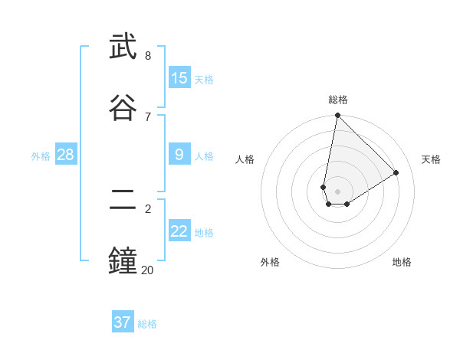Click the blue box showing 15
(x=179, y=78)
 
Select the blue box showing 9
(x=179, y=155)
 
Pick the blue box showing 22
(x=179, y=231)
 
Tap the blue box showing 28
(x=65, y=155)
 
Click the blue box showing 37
(x=123, y=322)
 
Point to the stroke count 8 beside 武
(x=148, y=56)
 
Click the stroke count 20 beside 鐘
(x=147, y=270)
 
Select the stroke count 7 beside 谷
(x=148, y=116)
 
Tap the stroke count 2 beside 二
(x=148, y=208)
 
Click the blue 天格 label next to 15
(x=204, y=80)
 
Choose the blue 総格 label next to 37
(x=147, y=324)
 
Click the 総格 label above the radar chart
(x=337, y=100)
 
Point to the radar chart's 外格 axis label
(x=270, y=262)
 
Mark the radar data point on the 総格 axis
(x=337, y=116)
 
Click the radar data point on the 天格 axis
(x=396, y=172)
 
